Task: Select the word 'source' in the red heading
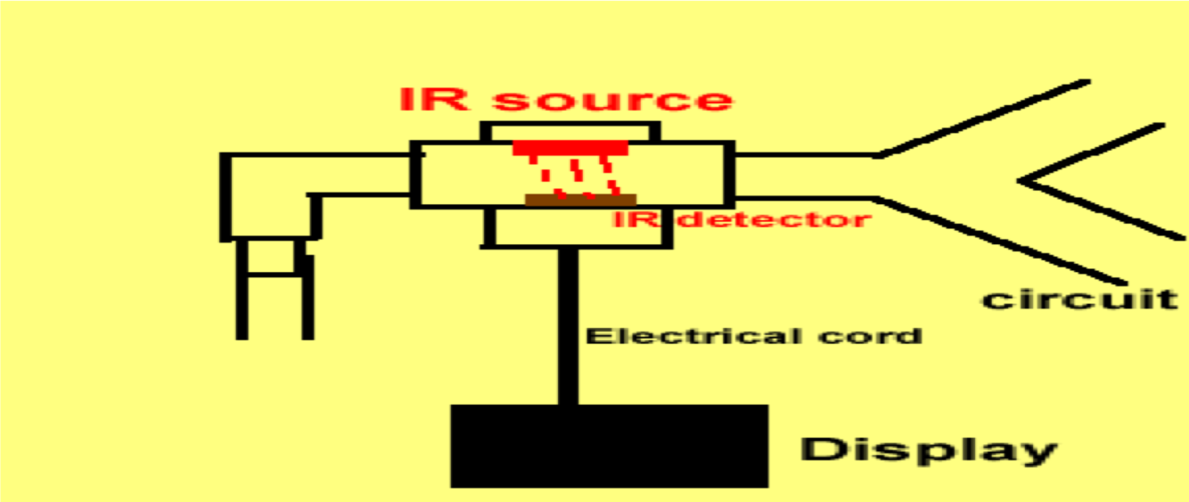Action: (x=611, y=99)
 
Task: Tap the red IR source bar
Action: (x=570, y=148)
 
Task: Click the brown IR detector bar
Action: (x=580, y=200)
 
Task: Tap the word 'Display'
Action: (x=927, y=449)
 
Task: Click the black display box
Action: (x=609, y=446)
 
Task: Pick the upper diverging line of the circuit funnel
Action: (x=980, y=119)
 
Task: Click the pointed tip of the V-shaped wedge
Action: (x=1023, y=180)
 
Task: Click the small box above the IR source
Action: (x=570, y=130)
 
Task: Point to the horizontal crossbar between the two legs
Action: (x=275, y=273)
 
